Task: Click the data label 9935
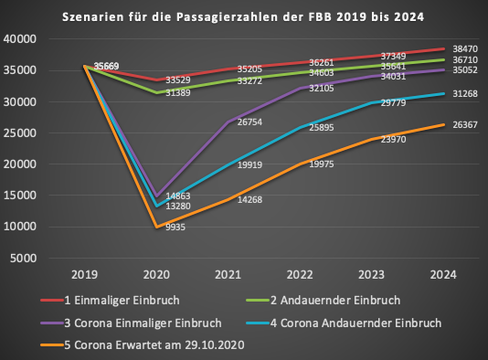coord(176,230)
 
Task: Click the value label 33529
coord(176,80)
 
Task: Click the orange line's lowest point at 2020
coord(157,227)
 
